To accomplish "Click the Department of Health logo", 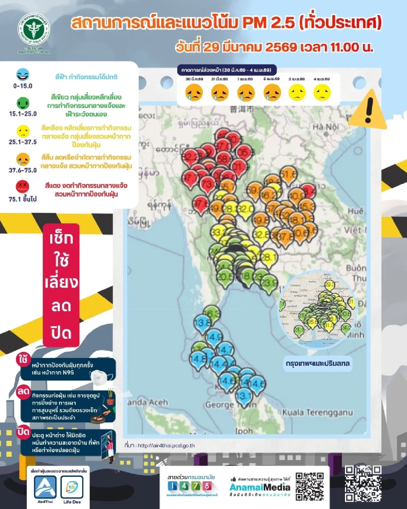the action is click(x=34, y=31).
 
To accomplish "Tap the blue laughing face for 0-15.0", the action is click(x=23, y=75).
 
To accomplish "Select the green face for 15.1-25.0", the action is click(x=23, y=103).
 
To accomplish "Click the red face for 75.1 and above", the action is click(x=23, y=187).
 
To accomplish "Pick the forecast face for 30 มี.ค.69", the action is click(x=194, y=92).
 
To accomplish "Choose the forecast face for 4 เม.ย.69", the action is click(x=322, y=92).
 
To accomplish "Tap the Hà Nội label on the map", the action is click(x=326, y=127).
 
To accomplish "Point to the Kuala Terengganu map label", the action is click(x=317, y=413).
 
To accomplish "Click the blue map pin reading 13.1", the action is click(x=244, y=396).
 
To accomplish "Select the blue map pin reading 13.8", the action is click(x=202, y=323).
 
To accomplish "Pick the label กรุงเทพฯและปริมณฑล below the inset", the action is click(x=317, y=363).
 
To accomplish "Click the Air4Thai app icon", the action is click(x=45, y=487).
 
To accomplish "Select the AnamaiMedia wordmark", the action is click(x=260, y=487).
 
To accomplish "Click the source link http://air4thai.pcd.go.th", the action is click(x=166, y=446).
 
